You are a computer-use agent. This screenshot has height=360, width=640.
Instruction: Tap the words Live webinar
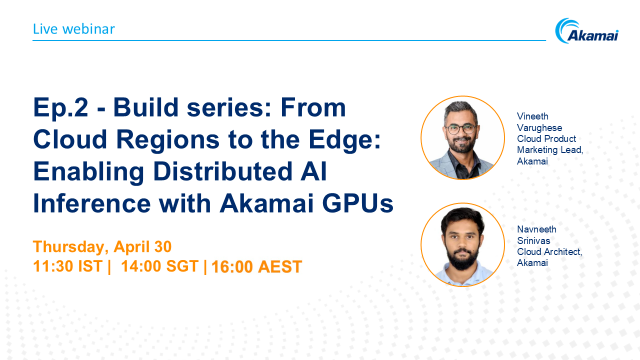[x=73, y=29]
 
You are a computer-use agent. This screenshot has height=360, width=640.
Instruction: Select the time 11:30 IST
[x=68, y=267]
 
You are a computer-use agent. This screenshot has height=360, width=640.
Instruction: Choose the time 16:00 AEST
[x=255, y=267]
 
